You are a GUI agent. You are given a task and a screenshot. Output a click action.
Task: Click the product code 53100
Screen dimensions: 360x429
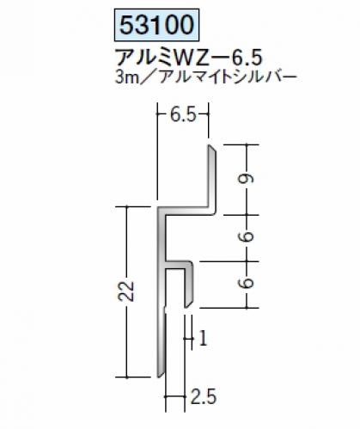(156, 25)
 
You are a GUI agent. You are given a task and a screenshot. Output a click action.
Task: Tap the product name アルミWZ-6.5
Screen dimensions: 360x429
(188, 58)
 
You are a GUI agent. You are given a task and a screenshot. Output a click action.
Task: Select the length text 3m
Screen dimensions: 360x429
(126, 77)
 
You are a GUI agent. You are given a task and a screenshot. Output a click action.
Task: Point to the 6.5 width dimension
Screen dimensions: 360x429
(183, 115)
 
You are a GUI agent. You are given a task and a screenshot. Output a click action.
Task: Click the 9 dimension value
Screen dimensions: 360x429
(247, 179)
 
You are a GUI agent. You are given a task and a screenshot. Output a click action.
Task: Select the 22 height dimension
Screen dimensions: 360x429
(126, 291)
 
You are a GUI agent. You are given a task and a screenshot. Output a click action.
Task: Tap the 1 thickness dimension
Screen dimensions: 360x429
(203, 339)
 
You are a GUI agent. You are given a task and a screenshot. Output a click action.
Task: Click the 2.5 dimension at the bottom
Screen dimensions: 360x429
(204, 397)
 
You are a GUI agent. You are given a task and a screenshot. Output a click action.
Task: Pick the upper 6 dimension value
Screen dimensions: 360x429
(247, 236)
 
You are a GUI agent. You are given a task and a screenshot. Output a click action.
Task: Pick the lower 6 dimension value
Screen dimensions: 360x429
(247, 284)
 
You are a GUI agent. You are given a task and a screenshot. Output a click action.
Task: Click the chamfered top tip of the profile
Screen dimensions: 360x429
(211, 148)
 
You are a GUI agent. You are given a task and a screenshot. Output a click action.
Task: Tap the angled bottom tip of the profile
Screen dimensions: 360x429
(161, 373)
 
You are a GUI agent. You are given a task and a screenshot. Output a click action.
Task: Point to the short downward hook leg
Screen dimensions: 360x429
(188, 285)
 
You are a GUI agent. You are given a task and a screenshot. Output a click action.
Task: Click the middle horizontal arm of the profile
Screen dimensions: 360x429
(178, 265)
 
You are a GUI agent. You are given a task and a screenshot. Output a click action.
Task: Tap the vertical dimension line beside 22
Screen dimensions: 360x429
(126, 291)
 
